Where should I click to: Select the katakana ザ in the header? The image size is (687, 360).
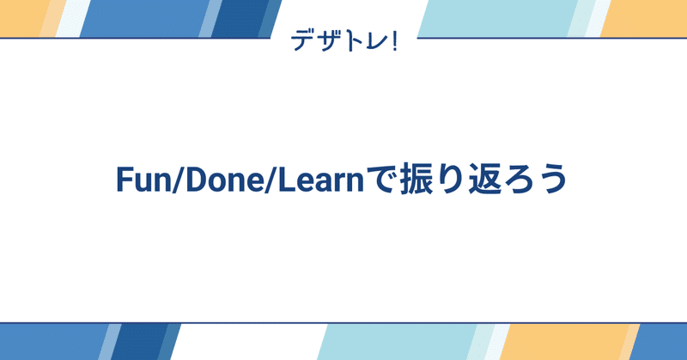click(x=327, y=40)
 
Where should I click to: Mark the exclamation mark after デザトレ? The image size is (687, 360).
click(x=392, y=40)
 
